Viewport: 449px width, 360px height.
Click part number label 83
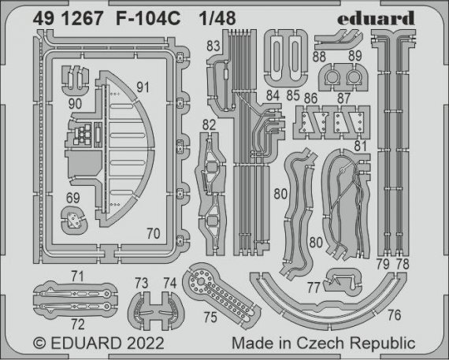point(213,46)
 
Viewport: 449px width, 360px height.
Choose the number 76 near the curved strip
point(394,315)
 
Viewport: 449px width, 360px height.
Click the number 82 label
point(209,125)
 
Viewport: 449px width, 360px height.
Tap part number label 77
point(313,287)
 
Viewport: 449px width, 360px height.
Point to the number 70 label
point(154,232)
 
